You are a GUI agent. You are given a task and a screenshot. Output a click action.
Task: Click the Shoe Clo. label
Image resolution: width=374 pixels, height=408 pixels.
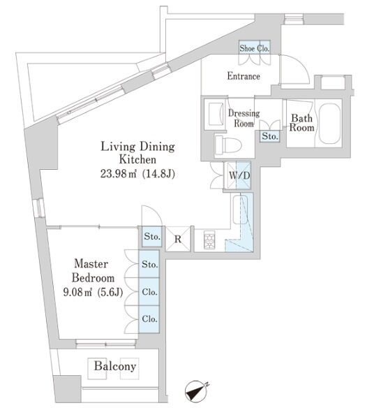tap(255, 48)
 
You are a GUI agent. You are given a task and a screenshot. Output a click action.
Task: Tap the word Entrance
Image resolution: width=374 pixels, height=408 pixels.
tap(244, 76)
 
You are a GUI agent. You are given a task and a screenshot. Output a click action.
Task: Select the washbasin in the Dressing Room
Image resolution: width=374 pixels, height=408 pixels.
tap(216, 114)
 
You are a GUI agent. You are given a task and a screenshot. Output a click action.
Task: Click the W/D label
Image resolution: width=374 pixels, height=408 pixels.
tap(239, 175)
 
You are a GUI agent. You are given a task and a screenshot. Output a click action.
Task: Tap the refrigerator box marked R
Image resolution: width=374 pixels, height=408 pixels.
tap(178, 239)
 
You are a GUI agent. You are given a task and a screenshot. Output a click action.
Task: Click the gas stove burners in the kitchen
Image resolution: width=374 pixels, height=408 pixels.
tap(209, 240)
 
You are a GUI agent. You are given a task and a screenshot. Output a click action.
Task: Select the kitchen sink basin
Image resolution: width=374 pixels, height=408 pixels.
tap(239, 210)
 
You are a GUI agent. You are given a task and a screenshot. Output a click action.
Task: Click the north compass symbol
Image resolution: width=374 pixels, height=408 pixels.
tap(197, 391)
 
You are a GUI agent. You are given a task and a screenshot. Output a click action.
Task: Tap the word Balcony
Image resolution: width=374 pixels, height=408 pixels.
tap(115, 366)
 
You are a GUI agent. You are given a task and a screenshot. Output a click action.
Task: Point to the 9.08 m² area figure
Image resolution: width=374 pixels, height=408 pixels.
tap(78, 292)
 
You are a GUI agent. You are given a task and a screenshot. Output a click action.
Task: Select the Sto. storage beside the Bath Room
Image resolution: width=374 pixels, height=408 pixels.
tap(270, 136)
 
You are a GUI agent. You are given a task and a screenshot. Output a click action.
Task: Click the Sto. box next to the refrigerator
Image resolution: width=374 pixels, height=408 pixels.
tap(152, 237)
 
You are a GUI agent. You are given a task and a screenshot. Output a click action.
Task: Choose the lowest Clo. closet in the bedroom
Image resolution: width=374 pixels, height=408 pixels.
tap(149, 319)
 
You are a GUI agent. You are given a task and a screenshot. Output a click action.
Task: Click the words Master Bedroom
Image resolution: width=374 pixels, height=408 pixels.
tap(93, 271)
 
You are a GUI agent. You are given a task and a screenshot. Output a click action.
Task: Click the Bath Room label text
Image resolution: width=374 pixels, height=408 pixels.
tap(301, 122)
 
